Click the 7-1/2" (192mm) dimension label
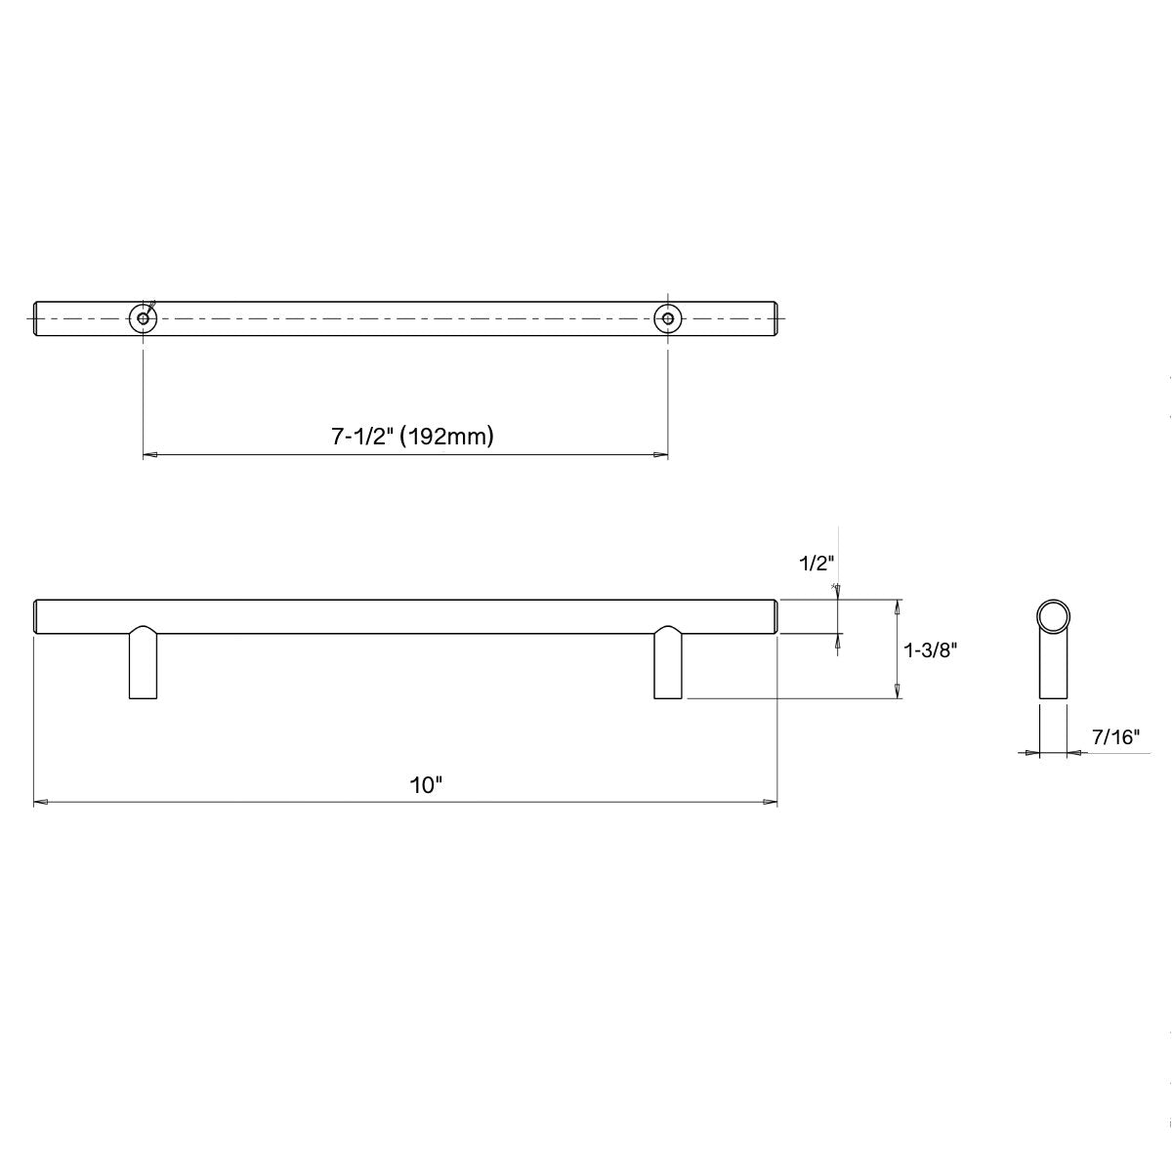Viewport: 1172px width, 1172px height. tap(411, 436)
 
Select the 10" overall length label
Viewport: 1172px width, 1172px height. tap(426, 785)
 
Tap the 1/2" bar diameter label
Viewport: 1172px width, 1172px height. tap(815, 564)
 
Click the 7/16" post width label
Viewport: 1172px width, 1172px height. tap(1116, 736)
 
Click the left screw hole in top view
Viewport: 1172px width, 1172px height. tap(144, 317)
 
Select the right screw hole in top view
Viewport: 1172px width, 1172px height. tap(668, 317)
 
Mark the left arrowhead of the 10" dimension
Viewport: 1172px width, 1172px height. tap(41, 803)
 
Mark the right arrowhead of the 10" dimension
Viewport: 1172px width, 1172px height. tap(770, 803)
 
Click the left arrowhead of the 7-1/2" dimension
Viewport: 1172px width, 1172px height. tap(150, 455)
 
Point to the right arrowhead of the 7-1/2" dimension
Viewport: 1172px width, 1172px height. tap(661, 455)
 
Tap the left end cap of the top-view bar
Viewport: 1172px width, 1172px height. tap(38, 317)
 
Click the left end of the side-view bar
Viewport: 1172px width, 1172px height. tap(38, 616)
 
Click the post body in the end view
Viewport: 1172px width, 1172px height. tap(1053, 674)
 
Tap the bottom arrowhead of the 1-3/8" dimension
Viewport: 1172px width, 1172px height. tap(897, 691)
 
